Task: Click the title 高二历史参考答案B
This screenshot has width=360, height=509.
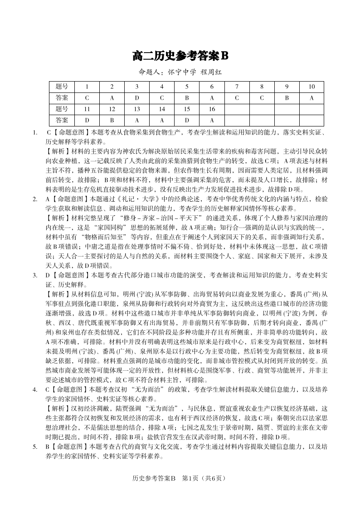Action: (x=180, y=56)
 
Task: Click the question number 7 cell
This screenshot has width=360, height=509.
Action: (x=237, y=87)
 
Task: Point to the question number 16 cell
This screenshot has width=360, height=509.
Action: (x=212, y=109)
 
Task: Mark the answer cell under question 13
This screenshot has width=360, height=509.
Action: (x=137, y=120)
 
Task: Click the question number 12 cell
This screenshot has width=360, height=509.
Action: (x=112, y=109)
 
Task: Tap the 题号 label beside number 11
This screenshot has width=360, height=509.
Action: (x=62, y=109)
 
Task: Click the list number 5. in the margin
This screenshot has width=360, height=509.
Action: (x=35, y=446)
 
